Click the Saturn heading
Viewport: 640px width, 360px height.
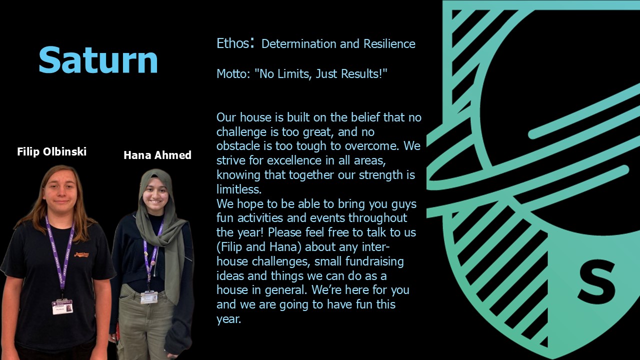coord(98,60)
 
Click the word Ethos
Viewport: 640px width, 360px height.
coord(233,43)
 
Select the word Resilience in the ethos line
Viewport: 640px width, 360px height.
coord(389,43)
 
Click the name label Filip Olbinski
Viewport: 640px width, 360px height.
coord(51,151)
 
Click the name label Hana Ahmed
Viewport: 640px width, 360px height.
coord(157,155)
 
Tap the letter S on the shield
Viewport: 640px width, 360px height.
coord(596,283)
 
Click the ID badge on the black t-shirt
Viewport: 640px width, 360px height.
coord(62,307)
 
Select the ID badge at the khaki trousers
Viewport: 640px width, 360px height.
coord(149,297)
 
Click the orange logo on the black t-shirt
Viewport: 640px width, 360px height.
coord(81,254)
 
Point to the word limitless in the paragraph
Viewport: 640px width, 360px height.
coord(239,189)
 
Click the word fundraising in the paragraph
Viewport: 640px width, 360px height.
coord(374,261)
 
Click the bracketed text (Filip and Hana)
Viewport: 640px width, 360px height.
coord(259,247)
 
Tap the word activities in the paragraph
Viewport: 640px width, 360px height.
coord(260,218)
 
